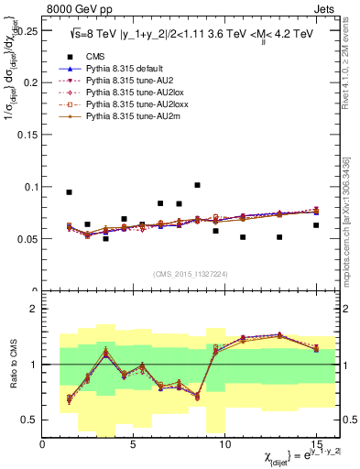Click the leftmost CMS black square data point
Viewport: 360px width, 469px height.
[x=69, y=192]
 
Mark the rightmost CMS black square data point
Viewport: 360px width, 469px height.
[x=316, y=225]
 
